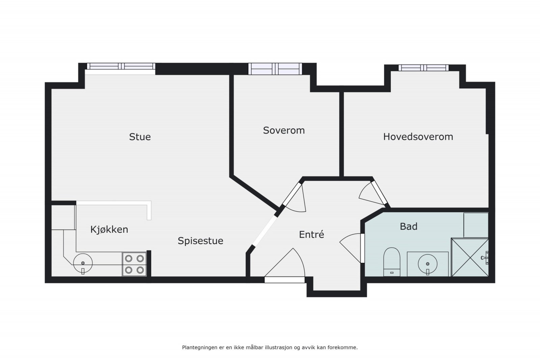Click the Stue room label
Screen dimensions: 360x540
click(140, 137)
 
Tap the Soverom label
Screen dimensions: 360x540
click(283, 130)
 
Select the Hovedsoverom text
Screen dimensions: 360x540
click(418, 137)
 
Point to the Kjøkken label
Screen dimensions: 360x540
click(109, 229)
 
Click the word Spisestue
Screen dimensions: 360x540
click(200, 241)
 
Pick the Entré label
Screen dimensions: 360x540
click(311, 234)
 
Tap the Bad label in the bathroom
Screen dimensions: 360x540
click(408, 226)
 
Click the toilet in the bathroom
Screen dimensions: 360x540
click(391, 261)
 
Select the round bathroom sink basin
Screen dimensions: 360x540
click(428, 264)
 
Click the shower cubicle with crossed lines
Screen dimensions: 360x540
click(469, 257)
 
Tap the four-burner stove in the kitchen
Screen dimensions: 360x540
click(134, 264)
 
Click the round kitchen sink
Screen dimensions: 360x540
click(83, 263)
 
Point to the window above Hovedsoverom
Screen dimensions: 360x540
click(424, 68)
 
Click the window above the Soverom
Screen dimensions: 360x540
click(275, 69)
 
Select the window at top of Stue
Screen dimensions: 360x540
click(120, 66)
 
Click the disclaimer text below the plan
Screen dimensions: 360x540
click(270, 347)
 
